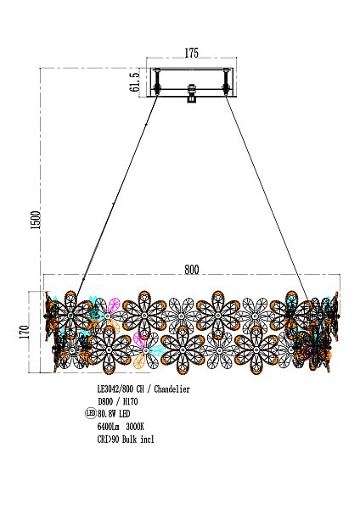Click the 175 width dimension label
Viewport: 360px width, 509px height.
pyautogui.click(x=191, y=53)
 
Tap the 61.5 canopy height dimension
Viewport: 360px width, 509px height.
pyautogui.click(x=135, y=81)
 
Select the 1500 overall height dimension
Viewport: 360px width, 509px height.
pyautogui.click(x=36, y=220)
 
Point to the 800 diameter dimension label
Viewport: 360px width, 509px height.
pyautogui.click(x=192, y=270)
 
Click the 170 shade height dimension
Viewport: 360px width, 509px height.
pyautogui.click(x=25, y=332)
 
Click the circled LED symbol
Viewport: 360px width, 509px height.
pyautogui.click(x=91, y=413)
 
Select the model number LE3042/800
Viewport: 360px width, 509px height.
pyautogui.click(x=115, y=389)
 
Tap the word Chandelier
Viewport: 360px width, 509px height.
pyautogui.click(x=172, y=389)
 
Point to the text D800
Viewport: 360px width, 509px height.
pyautogui.click(x=105, y=401)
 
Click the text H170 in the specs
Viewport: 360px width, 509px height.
pyautogui.click(x=130, y=401)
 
